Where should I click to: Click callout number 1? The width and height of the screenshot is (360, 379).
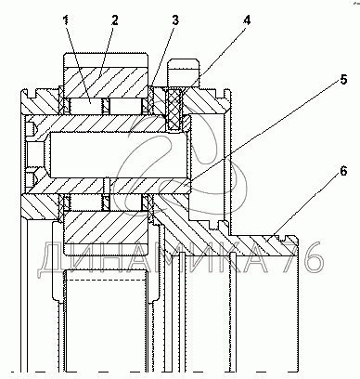point(66,20)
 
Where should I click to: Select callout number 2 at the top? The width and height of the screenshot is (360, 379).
point(114,20)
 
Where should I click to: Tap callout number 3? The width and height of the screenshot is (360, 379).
point(175,20)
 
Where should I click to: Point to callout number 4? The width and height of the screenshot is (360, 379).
point(247,20)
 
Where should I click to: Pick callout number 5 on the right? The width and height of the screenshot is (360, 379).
point(343,80)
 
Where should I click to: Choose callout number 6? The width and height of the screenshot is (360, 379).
point(343,171)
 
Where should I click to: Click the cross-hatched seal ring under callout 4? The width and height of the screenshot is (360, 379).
point(175,109)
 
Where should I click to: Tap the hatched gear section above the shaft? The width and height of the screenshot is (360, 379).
point(106,83)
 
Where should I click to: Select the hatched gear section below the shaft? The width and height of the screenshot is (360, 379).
point(106,227)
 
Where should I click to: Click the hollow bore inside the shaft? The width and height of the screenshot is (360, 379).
point(119,155)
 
